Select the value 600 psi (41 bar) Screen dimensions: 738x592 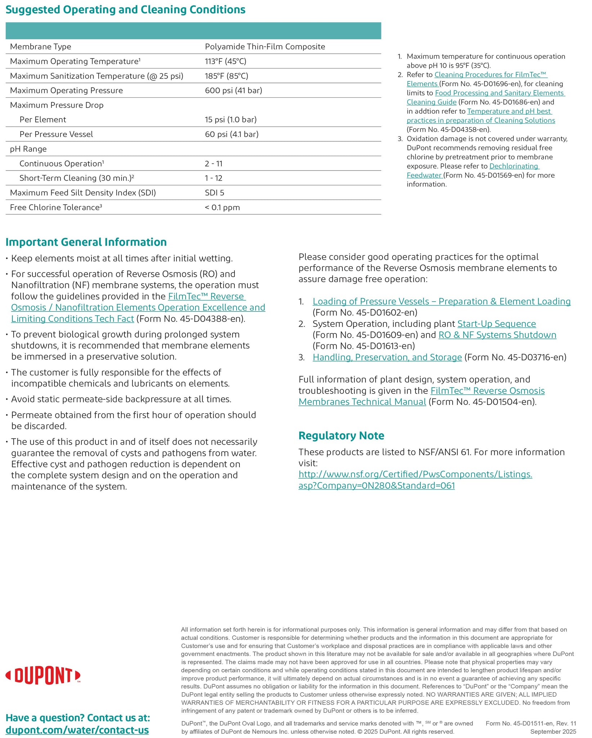click(x=233, y=90)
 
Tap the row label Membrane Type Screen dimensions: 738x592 click(x=40, y=46)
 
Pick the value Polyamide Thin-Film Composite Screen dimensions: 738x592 click(x=265, y=46)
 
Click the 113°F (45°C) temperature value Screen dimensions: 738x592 click(x=225, y=61)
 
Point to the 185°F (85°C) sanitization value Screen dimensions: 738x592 click(x=227, y=76)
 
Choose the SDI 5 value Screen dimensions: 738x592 click(x=214, y=193)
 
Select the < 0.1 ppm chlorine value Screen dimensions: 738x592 click(x=222, y=208)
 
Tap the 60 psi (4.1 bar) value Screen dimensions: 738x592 click(x=232, y=134)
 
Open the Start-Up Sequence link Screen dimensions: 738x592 click(x=496, y=324)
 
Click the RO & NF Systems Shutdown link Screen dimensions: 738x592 click(x=497, y=335)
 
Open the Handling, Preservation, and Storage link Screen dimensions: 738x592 click(x=387, y=357)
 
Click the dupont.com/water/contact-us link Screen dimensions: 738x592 click(x=77, y=730)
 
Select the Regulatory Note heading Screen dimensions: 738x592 click(x=341, y=436)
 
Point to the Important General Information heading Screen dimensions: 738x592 click(x=86, y=242)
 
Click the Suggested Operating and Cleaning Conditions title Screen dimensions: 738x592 click(x=125, y=10)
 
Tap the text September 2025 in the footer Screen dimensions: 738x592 click(x=553, y=732)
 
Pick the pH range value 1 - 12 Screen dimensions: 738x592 click(x=214, y=178)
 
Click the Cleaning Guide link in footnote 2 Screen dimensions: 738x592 click(x=431, y=102)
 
